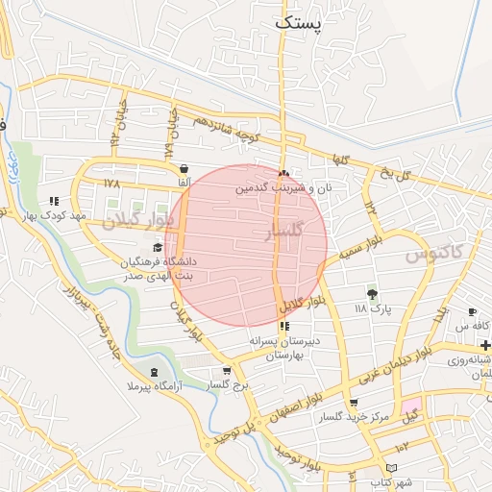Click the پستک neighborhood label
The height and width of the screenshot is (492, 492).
click(300, 22)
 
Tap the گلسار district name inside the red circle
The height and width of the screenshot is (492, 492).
click(283, 232)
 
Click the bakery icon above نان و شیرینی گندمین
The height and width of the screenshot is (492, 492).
click(283, 174)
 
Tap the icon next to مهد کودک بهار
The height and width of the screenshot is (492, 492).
click(54, 202)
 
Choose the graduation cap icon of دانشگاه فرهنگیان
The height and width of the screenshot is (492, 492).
click(158, 248)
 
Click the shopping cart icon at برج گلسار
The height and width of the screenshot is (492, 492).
click(227, 371)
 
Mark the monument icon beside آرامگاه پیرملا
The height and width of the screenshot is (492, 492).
click(156, 372)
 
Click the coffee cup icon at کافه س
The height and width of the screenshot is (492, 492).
click(473, 312)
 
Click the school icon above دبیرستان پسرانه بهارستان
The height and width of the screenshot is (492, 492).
click(283, 309)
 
